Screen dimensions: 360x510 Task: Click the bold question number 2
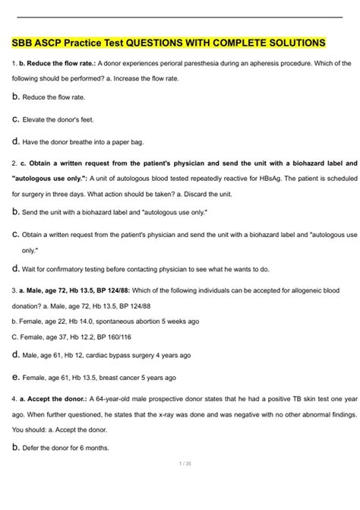14,163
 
